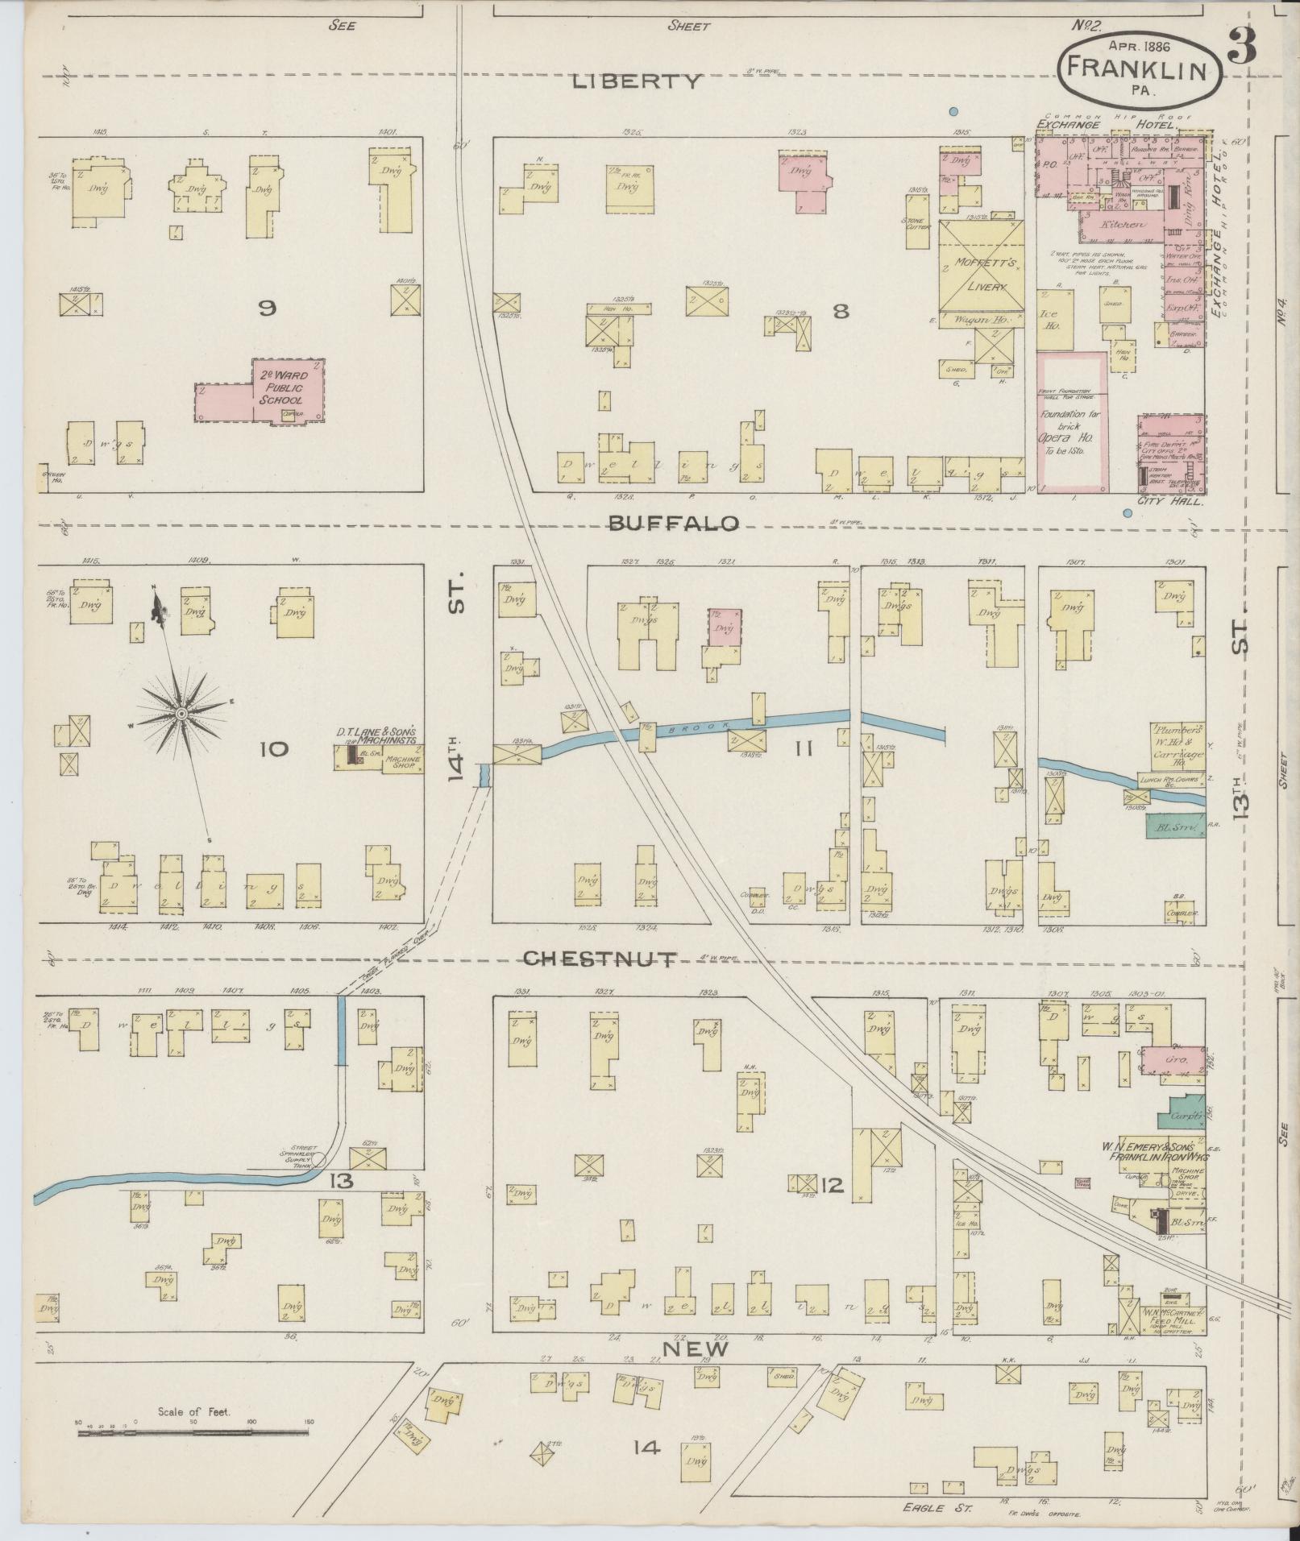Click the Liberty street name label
point(638,81)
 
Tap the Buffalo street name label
point(673,524)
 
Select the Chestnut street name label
point(600,958)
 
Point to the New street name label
point(696,1349)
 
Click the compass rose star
point(182,714)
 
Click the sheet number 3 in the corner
point(1244,51)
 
